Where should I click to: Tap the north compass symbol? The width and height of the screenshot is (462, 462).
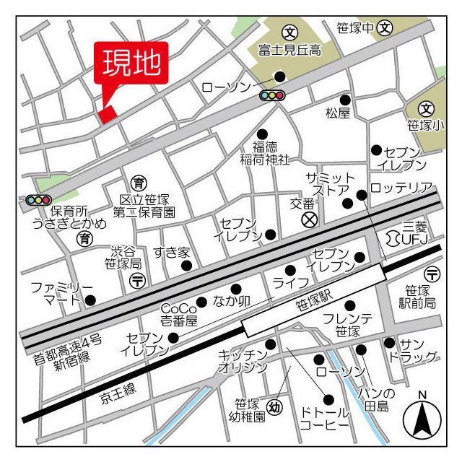(x=422, y=418)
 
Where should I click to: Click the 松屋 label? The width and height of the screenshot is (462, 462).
(x=337, y=113)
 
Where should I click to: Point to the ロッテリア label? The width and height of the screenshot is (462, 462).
(x=401, y=188)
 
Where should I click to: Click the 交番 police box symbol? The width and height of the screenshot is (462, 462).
(x=309, y=218)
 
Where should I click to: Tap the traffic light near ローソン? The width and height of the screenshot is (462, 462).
(x=272, y=95)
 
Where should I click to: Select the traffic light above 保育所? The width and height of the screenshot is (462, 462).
(x=38, y=199)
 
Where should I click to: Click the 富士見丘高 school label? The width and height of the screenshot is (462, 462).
(x=290, y=50)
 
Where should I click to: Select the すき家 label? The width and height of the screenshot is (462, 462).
(x=171, y=252)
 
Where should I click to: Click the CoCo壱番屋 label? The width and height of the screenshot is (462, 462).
(x=178, y=313)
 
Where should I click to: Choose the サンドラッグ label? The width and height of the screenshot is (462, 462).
(x=419, y=350)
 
